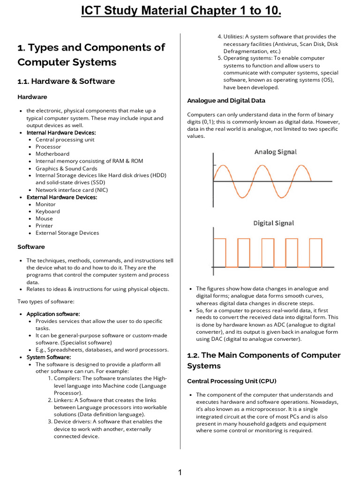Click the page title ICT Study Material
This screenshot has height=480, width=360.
tap(180, 10)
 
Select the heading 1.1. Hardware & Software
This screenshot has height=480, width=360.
tap(66, 81)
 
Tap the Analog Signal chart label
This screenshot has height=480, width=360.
tap(275, 152)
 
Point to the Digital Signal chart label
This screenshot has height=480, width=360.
tap(274, 223)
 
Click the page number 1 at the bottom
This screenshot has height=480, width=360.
tap(180, 472)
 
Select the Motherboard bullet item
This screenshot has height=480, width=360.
tap(52, 154)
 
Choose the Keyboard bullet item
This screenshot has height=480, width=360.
tap(47, 211)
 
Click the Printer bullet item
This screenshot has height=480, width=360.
tap(44, 225)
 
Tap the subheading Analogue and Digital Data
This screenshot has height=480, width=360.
tap(226, 100)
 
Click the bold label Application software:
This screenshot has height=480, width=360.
tap(53, 314)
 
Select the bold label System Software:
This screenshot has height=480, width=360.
tap(48, 357)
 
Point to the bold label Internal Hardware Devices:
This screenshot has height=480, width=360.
tap(61, 133)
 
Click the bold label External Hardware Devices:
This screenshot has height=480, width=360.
tap(61, 197)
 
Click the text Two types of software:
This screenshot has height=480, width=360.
tap(46, 301)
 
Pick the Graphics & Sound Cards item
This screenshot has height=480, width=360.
tap(67, 168)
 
